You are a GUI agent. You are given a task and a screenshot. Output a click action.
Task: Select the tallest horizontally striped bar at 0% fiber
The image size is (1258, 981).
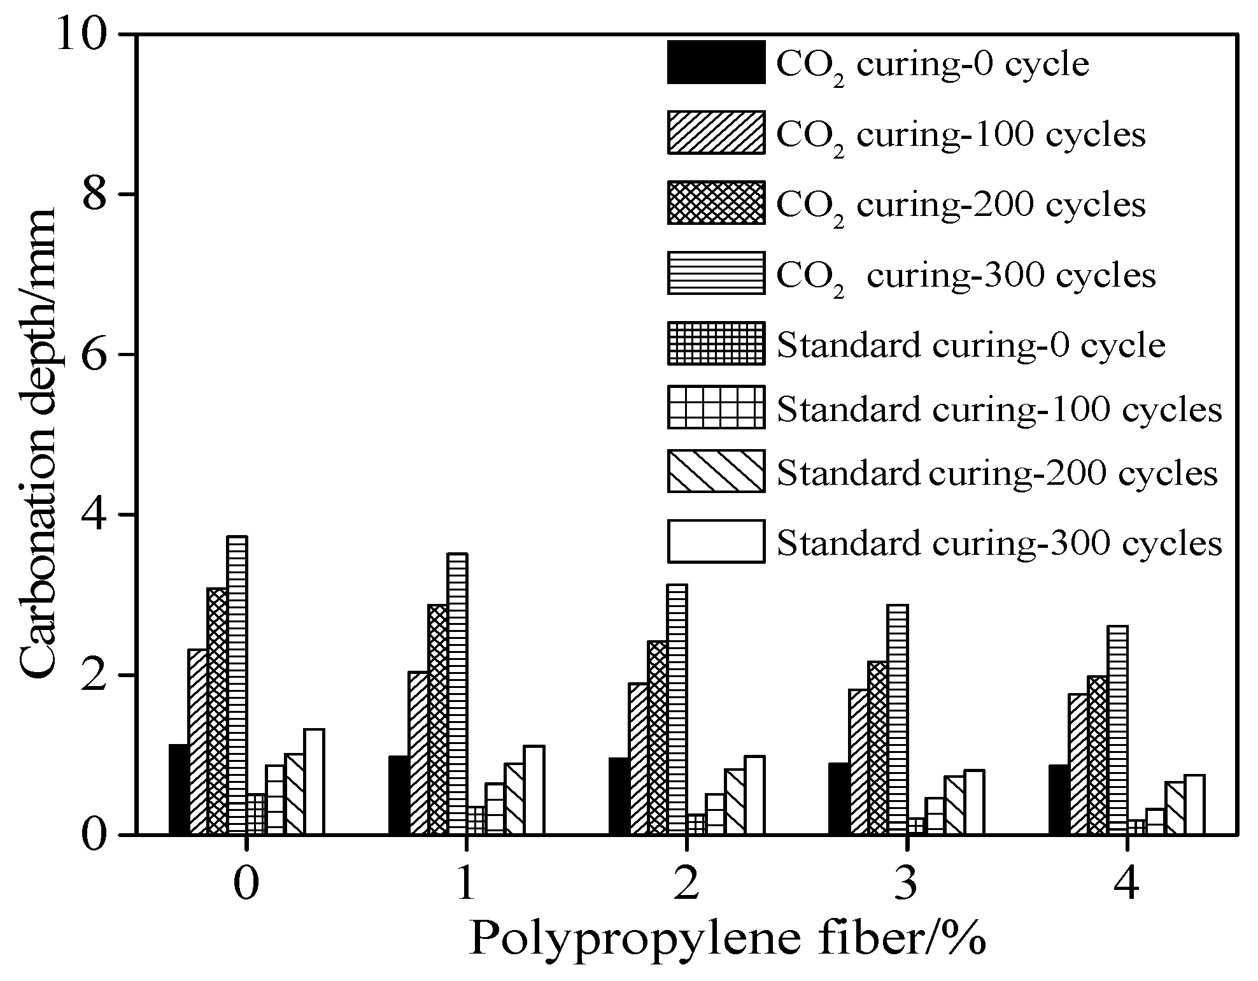(237, 685)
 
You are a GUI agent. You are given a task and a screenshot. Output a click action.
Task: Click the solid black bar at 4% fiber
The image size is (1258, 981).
(1058, 799)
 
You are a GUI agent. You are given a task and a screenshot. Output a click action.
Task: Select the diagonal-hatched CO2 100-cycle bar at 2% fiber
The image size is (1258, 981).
(638, 758)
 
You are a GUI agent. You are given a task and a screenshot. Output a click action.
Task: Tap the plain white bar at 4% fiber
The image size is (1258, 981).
(1194, 804)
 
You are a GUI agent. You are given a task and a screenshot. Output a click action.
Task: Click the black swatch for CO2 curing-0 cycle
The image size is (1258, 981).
(716, 62)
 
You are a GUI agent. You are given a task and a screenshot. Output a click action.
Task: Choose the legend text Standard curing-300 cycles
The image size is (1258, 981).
(999, 543)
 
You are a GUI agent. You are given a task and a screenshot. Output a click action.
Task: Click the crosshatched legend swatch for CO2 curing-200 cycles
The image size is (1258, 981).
(716, 203)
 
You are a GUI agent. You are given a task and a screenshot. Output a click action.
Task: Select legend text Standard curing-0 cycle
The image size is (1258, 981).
(971, 345)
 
